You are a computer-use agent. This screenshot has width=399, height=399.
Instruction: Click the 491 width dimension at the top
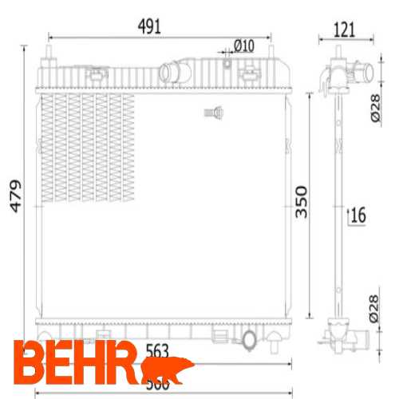[x=148, y=26]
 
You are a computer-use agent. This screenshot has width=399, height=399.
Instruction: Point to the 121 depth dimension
[x=343, y=31]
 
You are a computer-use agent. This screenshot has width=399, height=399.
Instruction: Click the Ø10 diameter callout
[x=243, y=45]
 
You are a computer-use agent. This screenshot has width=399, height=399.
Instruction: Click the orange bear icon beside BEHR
[x=169, y=369]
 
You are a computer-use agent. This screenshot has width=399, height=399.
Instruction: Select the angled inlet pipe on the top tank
[x=173, y=71]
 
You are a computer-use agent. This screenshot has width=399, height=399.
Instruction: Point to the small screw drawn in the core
[x=212, y=113]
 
